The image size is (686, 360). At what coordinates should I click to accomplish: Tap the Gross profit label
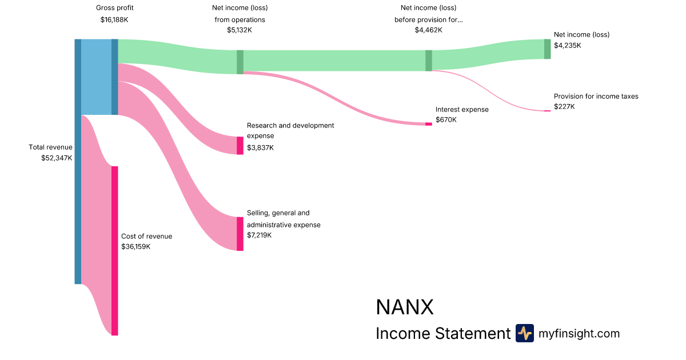tap(114, 8)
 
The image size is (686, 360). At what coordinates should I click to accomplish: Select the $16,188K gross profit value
tap(114, 19)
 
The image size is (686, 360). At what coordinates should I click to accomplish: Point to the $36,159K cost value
tap(136, 247)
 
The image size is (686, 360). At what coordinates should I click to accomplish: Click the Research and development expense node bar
tap(240, 145)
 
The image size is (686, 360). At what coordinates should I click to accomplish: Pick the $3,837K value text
tap(260, 148)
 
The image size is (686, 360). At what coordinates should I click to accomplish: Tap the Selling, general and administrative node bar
tap(240, 234)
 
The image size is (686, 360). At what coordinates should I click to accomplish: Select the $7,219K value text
tap(260, 235)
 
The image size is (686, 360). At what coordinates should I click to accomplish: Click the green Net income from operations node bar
tap(240, 62)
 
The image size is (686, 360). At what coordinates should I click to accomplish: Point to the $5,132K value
tap(239, 30)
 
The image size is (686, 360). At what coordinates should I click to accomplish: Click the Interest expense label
tap(462, 109)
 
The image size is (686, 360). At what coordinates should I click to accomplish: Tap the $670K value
tap(446, 120)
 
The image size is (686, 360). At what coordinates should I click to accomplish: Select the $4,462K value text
tap(428, 30)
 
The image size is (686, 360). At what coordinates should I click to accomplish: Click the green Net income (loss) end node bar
tap(547, 49)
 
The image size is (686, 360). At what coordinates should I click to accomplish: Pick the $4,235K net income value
tap(567, 45)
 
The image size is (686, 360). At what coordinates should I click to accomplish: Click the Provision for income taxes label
tap(596, 97)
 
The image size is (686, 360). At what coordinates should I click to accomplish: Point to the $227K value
tap(564, 107)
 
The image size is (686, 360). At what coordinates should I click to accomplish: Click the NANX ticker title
tap(405, 307)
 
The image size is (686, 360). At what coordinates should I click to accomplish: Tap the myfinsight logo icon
tap(524, 333)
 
